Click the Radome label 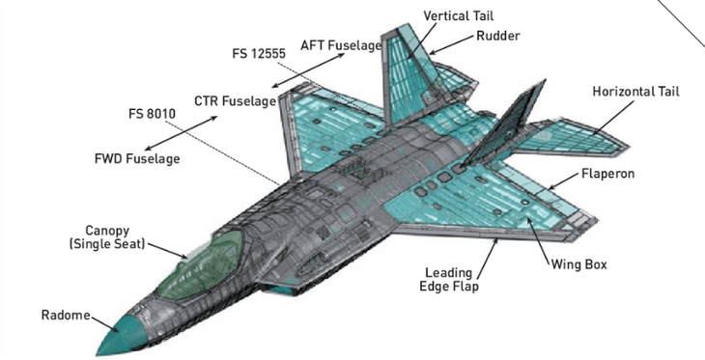65,316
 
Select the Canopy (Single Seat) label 105,237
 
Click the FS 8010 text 154,112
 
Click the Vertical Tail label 460,16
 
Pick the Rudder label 498,36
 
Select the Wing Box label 578,263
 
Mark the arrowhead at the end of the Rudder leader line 432,51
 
